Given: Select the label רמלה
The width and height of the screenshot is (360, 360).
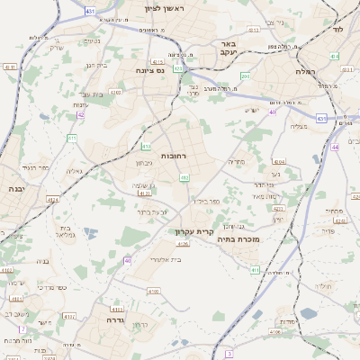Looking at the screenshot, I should click(303, 70).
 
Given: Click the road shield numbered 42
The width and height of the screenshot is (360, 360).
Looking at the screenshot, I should click(81, 114).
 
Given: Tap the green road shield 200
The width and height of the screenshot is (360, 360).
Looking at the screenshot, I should click(244, 76).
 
